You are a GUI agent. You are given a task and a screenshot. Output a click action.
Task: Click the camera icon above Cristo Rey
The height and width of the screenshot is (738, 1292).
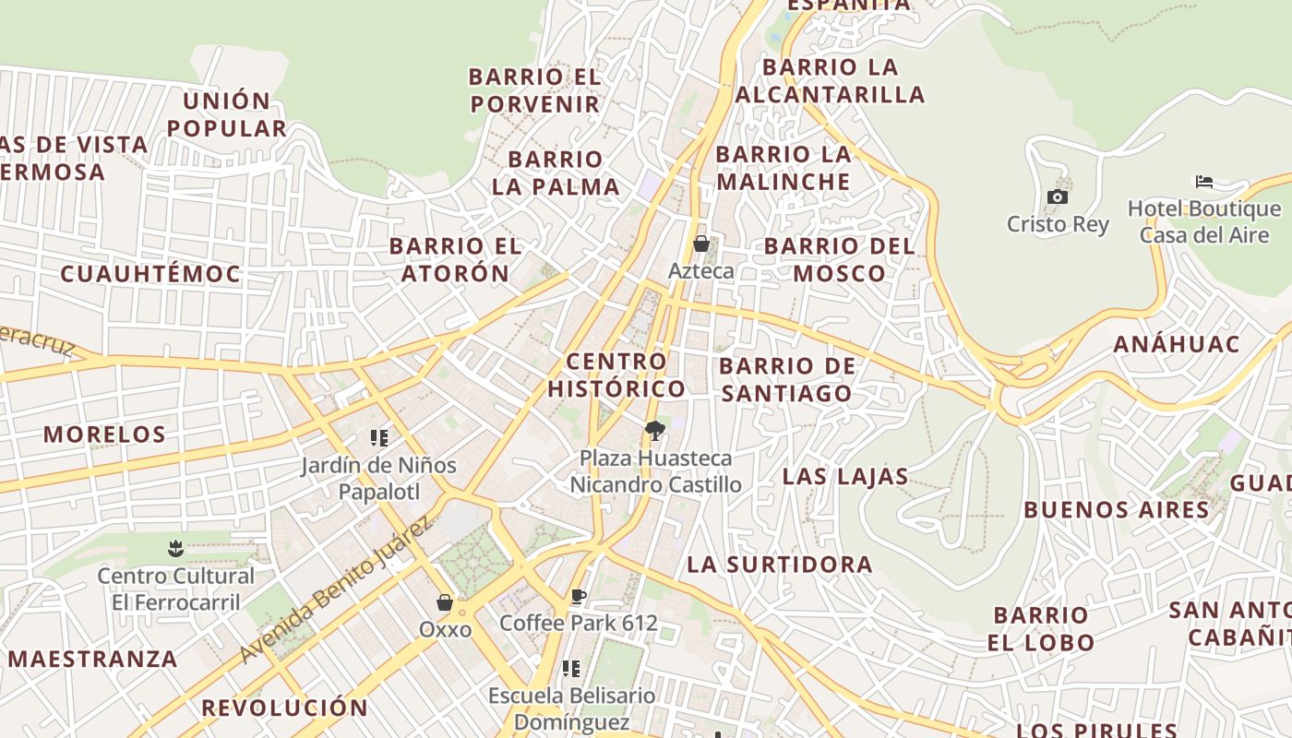(x=1058, y=196)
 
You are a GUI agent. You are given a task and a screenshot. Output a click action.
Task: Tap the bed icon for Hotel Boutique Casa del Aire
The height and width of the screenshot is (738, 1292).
(x=1203, y=181)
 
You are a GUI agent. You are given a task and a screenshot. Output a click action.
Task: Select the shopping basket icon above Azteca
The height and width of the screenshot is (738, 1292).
(x=701, y=244)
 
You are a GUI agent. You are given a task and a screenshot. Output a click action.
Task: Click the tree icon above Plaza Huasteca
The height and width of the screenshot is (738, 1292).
(x=655, y=430)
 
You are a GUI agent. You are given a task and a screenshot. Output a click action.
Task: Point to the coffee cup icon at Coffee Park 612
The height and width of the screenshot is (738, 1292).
(x=579, y=597)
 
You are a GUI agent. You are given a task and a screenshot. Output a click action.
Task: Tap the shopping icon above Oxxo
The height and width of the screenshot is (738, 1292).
(x=445, y=602)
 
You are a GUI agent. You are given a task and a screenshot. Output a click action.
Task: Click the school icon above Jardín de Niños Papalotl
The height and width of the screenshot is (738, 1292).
(x=379, y=438)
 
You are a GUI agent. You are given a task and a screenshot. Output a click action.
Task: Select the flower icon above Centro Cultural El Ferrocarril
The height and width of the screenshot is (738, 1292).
(x=175, y=550)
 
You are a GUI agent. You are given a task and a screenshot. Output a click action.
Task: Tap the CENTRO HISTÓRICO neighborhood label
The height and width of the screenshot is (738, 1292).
(x=616, y=375)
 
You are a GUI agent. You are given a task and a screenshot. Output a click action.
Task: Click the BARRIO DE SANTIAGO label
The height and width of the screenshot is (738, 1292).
(x=787, y=380)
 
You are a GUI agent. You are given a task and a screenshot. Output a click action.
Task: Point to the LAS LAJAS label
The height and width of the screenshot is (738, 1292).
(x=845, y=477)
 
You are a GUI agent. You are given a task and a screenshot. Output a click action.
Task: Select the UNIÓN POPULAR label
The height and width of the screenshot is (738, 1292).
(x=227, y=114)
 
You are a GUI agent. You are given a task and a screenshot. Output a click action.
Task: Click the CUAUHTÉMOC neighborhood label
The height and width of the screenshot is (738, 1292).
(x=150, y=274)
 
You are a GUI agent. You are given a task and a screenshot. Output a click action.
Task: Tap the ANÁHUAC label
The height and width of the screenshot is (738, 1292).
(x=1176, y=345)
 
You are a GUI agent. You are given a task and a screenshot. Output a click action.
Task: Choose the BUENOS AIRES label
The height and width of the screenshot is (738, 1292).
(x=1116, y=510)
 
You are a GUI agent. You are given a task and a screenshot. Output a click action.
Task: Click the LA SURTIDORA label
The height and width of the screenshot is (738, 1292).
(x=780, y=565)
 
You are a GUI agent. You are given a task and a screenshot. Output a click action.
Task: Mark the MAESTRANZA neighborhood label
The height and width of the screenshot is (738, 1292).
(x=92, y=660)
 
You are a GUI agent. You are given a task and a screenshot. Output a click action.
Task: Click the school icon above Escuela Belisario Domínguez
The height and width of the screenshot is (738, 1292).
(x=571, y=668)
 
